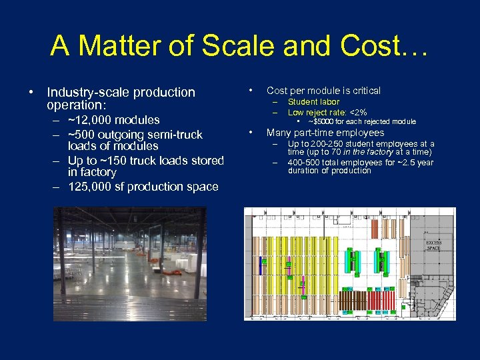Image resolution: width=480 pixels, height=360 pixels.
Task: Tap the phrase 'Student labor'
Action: point(313,102)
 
